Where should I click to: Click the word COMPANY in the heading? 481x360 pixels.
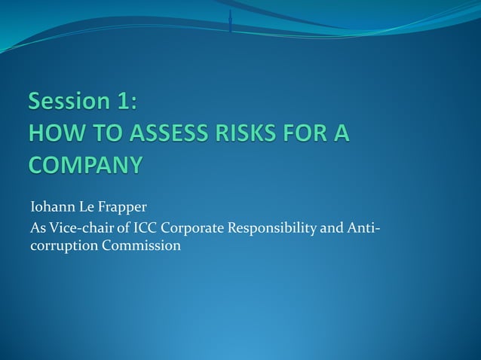[x=84, y=163]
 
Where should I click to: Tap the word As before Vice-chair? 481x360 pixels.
[x=37, y=227]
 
